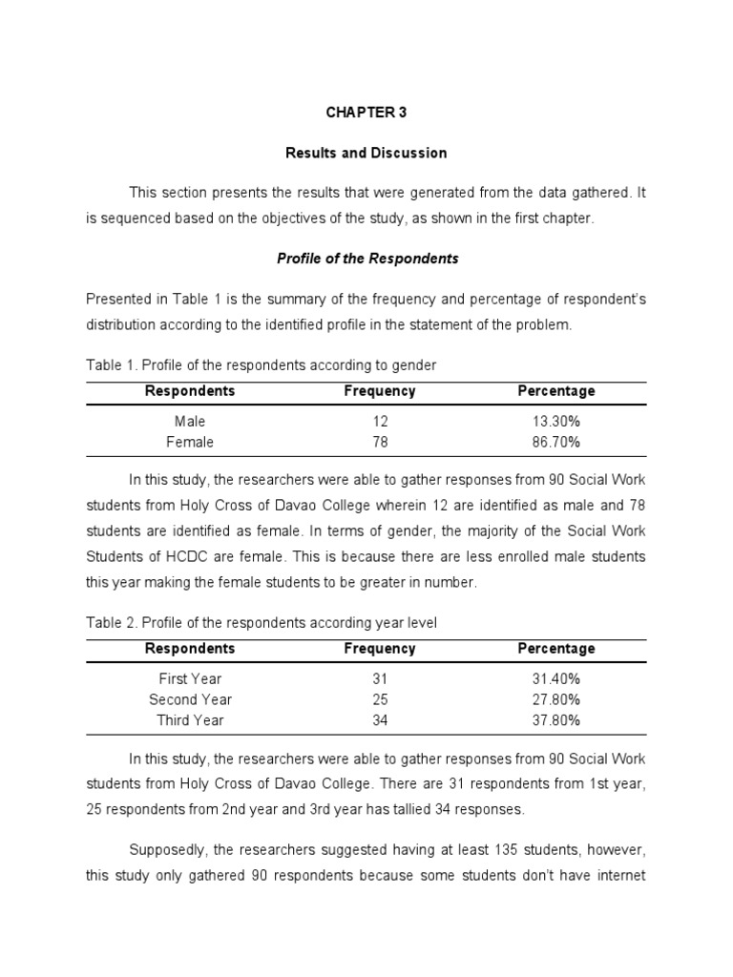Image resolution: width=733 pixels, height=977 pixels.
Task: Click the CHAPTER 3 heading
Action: pos(366,112)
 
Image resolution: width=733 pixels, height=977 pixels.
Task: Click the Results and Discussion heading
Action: pos(366,153)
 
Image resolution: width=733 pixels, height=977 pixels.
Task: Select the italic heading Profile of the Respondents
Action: pos(366,259)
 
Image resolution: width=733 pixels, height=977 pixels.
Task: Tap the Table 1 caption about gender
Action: pos(262,365)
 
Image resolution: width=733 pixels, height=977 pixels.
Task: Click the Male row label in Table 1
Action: pos(190,421)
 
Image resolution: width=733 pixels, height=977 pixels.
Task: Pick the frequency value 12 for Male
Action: pos(380,421)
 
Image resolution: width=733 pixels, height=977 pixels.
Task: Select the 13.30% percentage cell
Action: pos(555,421)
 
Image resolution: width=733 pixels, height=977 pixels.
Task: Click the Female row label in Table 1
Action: pos(190,442)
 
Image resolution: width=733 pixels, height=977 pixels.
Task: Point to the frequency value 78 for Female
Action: pos(380,442)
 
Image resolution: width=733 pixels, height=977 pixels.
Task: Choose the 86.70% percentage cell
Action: pos(555,442)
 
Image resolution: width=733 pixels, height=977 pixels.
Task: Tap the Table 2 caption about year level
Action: pos(262,623)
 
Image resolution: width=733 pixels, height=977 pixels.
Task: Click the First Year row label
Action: pos(190,678)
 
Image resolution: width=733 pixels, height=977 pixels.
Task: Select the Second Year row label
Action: pos(190,699)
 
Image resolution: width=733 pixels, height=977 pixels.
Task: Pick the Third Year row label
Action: pos(190,720)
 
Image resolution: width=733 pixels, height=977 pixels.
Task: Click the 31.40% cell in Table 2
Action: pos(555,678)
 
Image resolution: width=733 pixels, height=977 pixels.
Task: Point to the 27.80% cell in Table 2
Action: pos(555,699)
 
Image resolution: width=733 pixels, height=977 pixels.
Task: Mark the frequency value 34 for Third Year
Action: pos(380,720)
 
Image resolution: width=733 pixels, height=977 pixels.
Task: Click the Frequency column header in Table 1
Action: pos(380,391)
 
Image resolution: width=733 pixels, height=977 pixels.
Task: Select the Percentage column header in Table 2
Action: pos(555,649)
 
